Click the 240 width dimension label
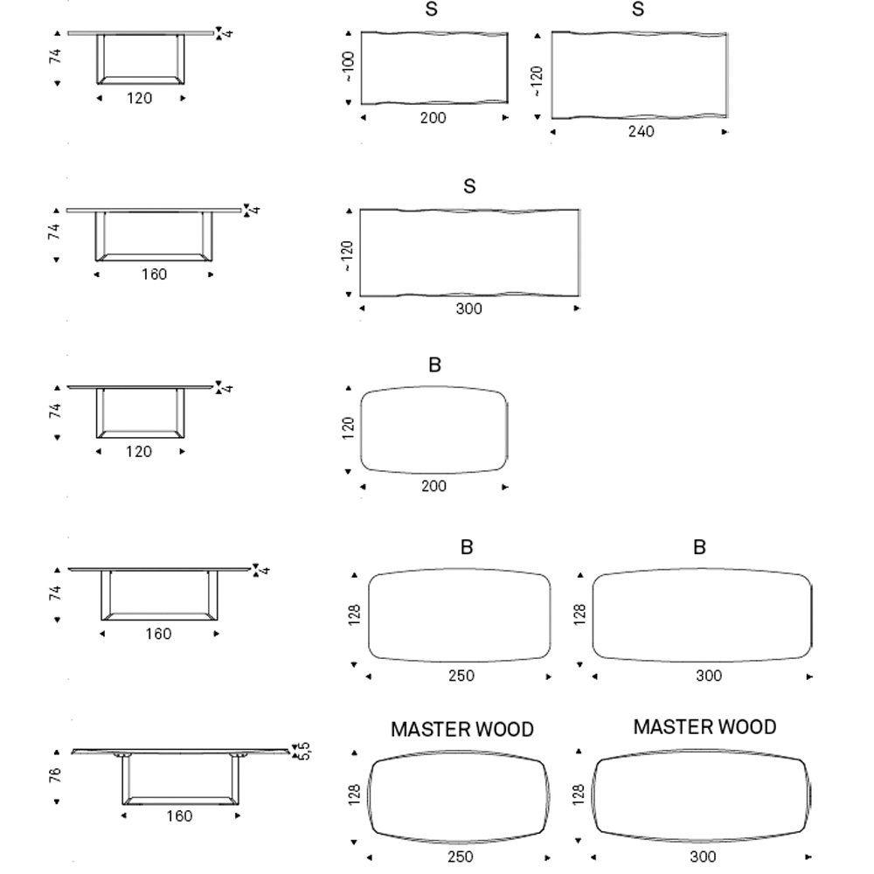pos(641,132)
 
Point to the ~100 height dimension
pos(349,67)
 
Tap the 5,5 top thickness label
pos(304,751)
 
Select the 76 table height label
pos(54,774)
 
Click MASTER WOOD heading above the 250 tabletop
pos(462,729)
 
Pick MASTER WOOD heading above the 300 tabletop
pos(704,727)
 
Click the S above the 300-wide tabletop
pos(469,186)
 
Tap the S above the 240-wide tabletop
pos(638,9)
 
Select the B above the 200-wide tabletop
pos(434,365)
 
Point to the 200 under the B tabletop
pos(434,486)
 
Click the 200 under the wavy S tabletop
pos(434,118)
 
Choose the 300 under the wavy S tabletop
pos(468,309)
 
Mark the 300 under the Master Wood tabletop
pos(703,857)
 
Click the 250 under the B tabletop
pos(461,676)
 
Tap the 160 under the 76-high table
pos(179,816)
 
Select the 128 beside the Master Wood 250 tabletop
pos(354,794)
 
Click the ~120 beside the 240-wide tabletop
pos(537,81)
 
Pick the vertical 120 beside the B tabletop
pos(348,428)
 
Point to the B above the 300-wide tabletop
pos(699,547)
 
